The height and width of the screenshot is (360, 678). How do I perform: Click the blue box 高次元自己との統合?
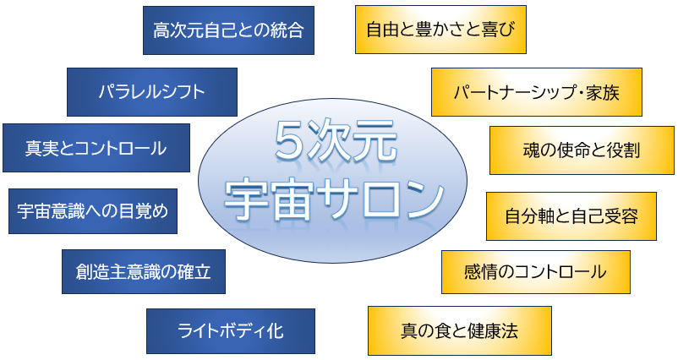click(x=228, y=30)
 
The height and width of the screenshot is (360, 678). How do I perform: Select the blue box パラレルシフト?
click(x=152, y=92)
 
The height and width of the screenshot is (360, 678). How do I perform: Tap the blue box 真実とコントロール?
click(x=96, y=148)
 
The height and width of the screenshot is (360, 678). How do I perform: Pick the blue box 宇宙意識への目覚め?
click(x=93, y=211)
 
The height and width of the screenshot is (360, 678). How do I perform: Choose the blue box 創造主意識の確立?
click(x=144, y=272)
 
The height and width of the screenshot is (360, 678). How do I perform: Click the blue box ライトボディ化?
click(x=231, y=331)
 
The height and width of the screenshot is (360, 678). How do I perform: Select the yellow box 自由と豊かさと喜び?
click(x=440, y=30)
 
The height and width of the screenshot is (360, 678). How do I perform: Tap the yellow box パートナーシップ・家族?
click(x=537, y=92)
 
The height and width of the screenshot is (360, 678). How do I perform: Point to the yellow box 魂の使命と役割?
click(x=582, y=150)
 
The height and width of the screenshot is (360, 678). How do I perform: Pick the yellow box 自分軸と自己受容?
click(x=571, y=216)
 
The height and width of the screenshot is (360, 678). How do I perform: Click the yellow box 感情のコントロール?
click(x=536, y=272)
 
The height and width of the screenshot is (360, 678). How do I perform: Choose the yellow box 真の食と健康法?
click(x=460, y=330)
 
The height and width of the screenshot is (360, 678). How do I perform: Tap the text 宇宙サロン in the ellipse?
click(x=334, y=199)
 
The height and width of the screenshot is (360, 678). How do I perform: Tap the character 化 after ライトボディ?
click(x=275, y=331)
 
